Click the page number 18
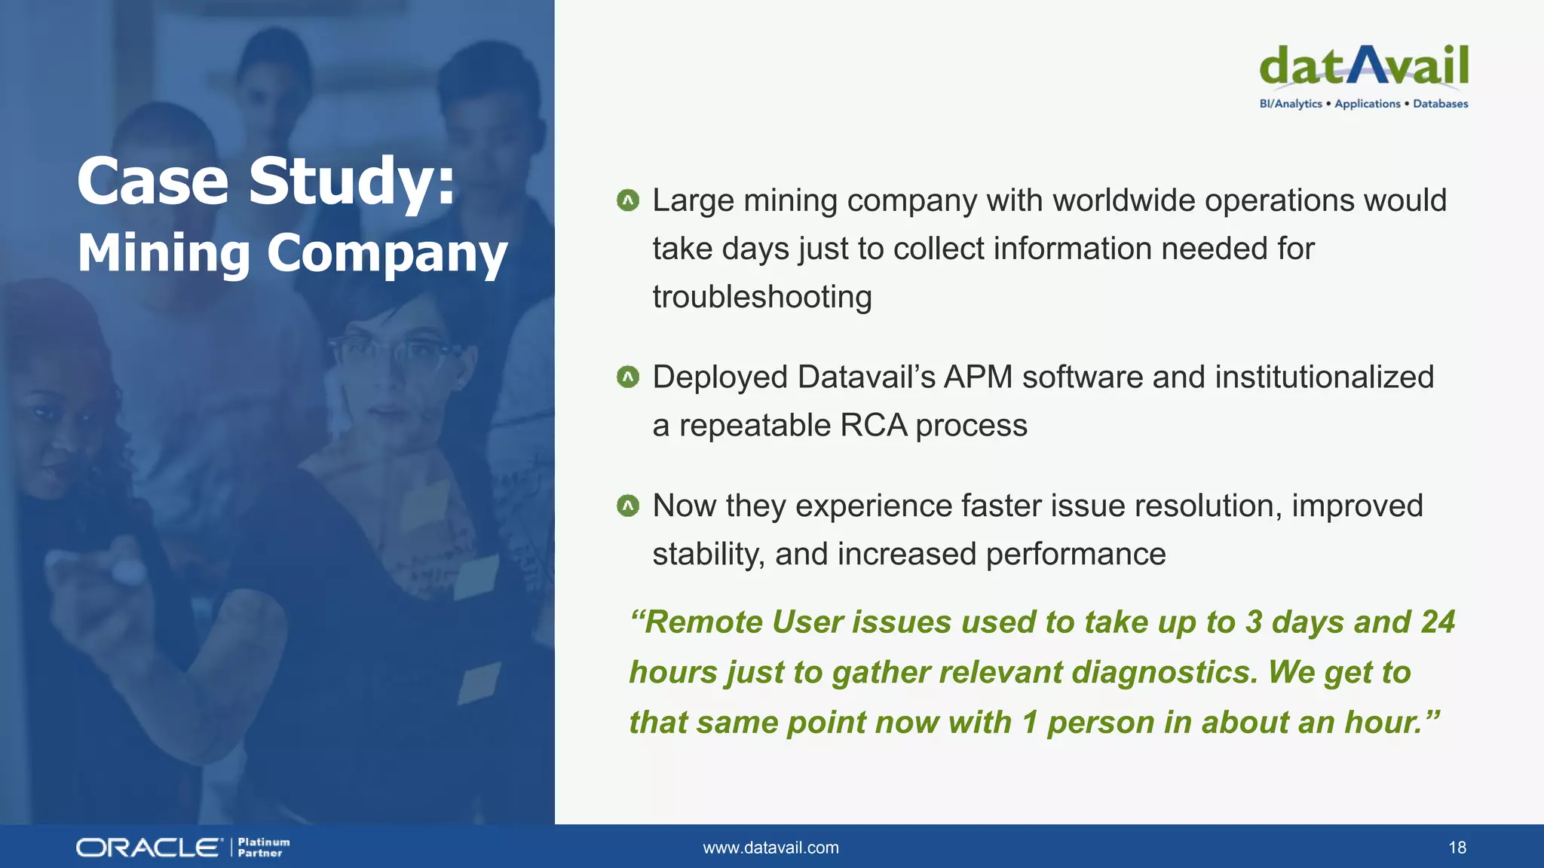(1457, 848)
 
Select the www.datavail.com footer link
(770, 848)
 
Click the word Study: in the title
(352, 181)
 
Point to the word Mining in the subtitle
(164, 253)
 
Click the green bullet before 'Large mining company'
(627, 200)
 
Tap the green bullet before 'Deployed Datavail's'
(627, 377)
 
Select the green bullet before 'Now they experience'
(627, 506)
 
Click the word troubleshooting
(761, 297)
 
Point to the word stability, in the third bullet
(708, 555)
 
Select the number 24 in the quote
(1438, 622)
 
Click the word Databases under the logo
(1440, 104)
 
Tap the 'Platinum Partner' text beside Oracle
(263, 848)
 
